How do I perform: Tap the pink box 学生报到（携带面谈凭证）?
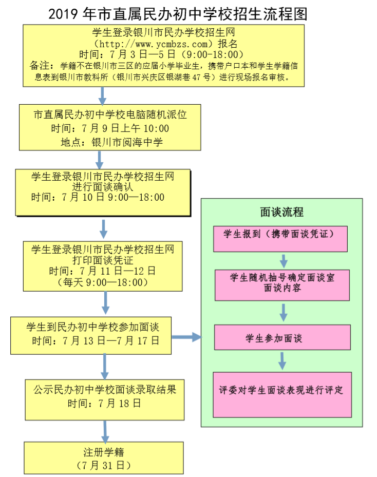pos(280,234)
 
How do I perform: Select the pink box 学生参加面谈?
pos(282,338)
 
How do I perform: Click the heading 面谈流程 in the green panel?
pos(281,212)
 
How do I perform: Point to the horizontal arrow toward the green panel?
pos(186,337)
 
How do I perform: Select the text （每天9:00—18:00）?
pos(103,282)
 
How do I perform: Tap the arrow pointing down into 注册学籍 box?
pos(105,430)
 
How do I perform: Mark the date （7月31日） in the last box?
pos(104,466)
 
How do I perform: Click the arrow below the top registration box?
pos(102,95)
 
